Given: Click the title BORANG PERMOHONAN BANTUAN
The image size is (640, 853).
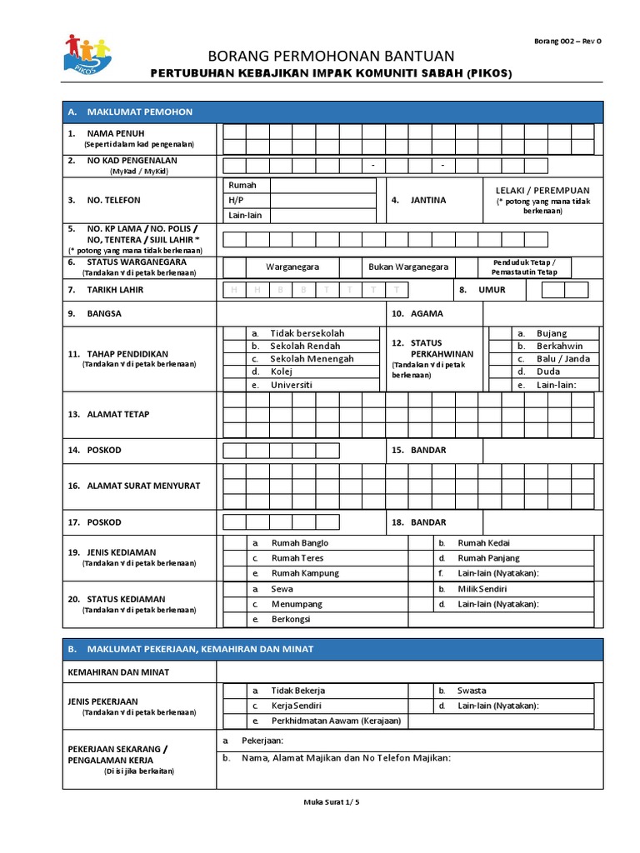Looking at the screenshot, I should [331, 56].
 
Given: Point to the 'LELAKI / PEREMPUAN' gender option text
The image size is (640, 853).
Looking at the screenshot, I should [542, 190].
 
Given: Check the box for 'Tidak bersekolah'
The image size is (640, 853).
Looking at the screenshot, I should [234, 333].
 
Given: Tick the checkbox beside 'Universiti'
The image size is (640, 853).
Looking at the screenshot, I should [234, 385].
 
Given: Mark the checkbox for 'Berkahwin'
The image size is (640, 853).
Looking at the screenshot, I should [499, 346].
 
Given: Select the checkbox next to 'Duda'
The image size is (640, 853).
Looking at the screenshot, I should [499, 372].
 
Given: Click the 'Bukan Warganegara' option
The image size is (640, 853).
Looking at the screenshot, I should [408, 267].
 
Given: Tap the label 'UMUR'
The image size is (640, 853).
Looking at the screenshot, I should [492, 290].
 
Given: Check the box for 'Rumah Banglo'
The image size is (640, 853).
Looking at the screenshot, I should [234, 543].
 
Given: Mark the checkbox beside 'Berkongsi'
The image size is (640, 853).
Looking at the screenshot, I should [234, 620].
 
